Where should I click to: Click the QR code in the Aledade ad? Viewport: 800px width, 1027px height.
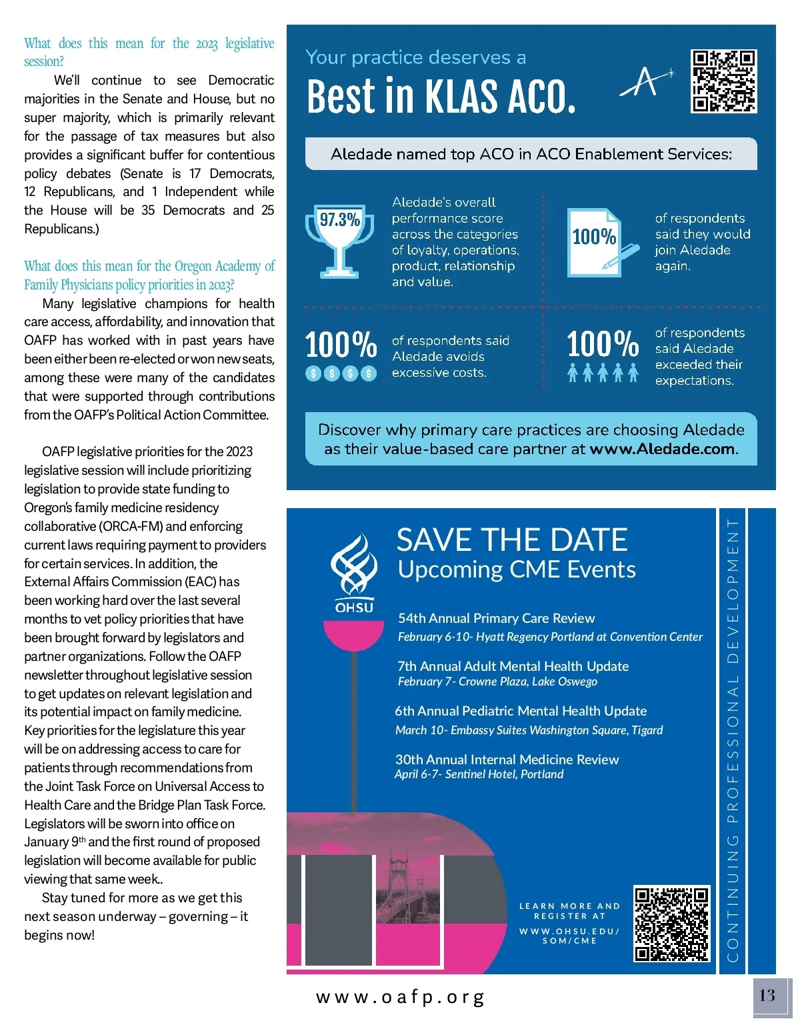coord(724,81)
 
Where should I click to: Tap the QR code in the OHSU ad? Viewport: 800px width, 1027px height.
coord(671,924)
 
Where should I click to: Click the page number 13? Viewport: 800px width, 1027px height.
coord(767,996)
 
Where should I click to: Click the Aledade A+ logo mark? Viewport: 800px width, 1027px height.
coord(645,82)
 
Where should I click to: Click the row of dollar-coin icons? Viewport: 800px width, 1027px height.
coord(341,373)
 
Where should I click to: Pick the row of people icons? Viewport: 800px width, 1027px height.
coord(603,373)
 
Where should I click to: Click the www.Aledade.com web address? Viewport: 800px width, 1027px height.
coord(663,449)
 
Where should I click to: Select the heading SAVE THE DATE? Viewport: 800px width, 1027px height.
coord(512,540)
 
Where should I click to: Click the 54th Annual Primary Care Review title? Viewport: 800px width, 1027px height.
coord(496,618)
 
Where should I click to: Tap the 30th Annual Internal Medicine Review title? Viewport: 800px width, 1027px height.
coord(507,759)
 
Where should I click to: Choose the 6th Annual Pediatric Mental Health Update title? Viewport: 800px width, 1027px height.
coord(521,711)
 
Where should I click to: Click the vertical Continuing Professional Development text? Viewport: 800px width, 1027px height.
coord(733,740)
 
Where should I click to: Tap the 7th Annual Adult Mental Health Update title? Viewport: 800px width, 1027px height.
coord(513,666)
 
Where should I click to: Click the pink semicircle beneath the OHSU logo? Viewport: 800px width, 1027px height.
coord(353,634)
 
